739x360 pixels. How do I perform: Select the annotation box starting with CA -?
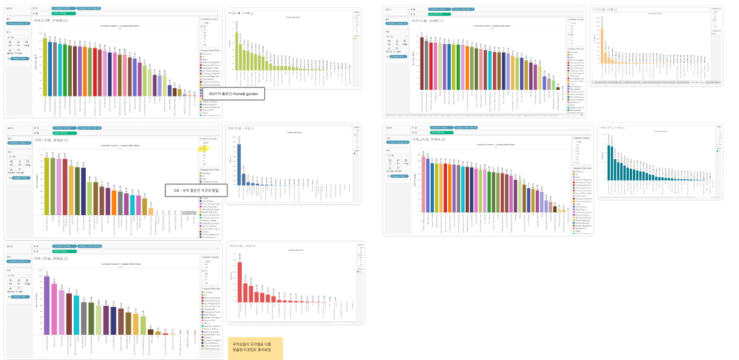coord(195,191)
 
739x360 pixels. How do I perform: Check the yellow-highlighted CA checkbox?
coord(203,148)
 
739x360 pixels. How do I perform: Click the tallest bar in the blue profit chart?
coord(239,164)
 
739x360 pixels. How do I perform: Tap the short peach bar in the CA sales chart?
coord(151,211)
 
